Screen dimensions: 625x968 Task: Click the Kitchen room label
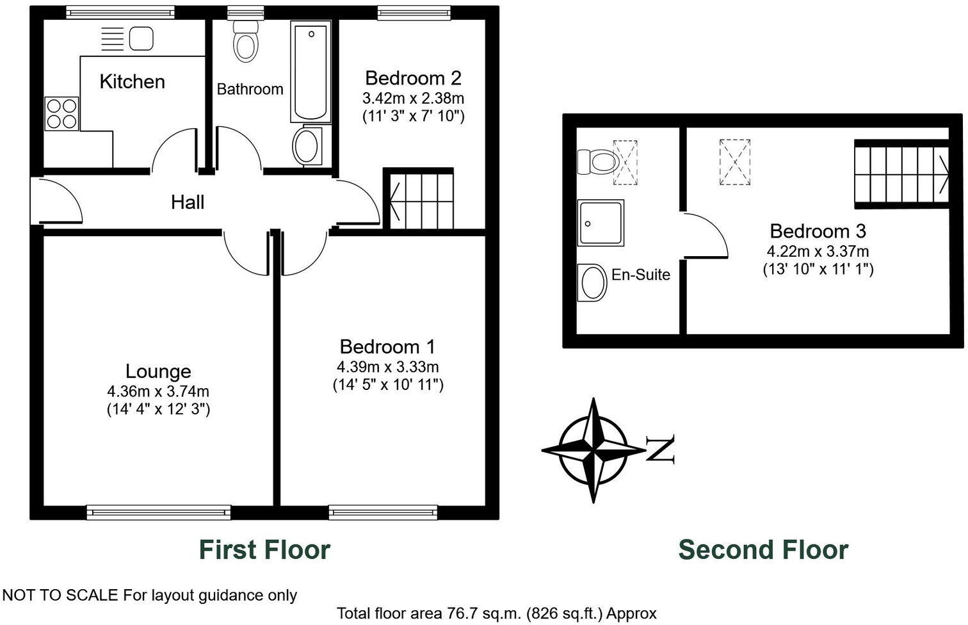coord(132,81)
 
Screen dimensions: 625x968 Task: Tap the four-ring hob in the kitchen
coord(61,113)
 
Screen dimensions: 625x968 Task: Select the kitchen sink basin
coord(141,38)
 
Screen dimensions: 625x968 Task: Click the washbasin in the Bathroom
coord(308,146)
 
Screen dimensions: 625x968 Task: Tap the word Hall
coord(188,202)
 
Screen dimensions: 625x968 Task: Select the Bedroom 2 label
coord(413,78)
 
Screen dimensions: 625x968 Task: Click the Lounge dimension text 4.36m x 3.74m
coord(158,391)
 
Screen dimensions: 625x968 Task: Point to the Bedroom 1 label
coord(387,346)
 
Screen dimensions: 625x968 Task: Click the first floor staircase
coord(420,199)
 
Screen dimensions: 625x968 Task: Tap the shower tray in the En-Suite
coord(601,223)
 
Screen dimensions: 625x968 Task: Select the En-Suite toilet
coord(596,161)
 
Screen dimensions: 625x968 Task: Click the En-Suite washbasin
coord(593,282)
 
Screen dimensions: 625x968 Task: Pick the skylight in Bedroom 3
coord(734,162)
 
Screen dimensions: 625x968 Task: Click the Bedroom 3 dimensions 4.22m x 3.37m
coord(818,252)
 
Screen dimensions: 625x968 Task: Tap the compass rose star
coord(593,450)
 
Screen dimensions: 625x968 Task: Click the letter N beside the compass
coord(661,450)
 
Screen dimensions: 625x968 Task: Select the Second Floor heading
coord(763,549)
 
